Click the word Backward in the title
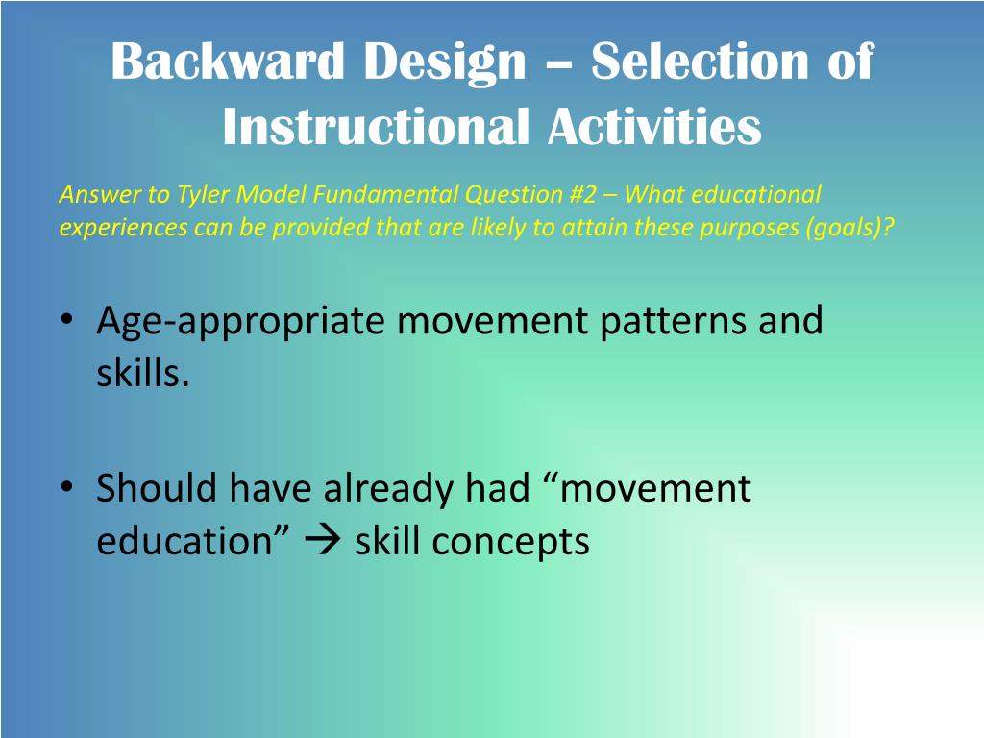pyautogui.click(x=227, y=61)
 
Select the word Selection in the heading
pyautogui.click(x=700, y=61)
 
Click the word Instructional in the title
pyautogui.click(x=376, y=126)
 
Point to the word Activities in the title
pyautogui.click(x=654, y=126)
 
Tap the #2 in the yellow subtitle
pyautogui.click(x=581, y=194)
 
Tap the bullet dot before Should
pyautogui.click(x=67, y=487)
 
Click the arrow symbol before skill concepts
pyautogui.click(x=322, y=540)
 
